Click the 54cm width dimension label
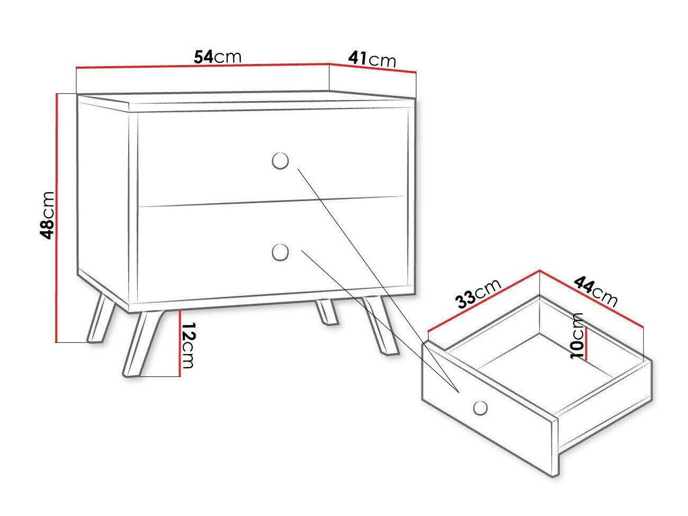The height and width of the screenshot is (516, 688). click(x=217, y=57)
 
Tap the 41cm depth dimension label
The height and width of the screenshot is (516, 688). click(x=372, y=59)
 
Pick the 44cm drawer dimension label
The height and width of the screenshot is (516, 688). click(x=596, y=291)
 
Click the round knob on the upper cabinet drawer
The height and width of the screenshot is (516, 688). click(x=280, y=161)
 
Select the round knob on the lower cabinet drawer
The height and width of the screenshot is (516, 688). click(x=280, y=252)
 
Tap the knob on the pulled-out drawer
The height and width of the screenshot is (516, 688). click(x=480, y=408)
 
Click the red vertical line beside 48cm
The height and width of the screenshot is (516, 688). click(x=56, y=217)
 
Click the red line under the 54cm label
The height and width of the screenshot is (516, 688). click(x=201, y=66)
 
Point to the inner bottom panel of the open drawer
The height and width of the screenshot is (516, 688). click(x=546, y=365)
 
